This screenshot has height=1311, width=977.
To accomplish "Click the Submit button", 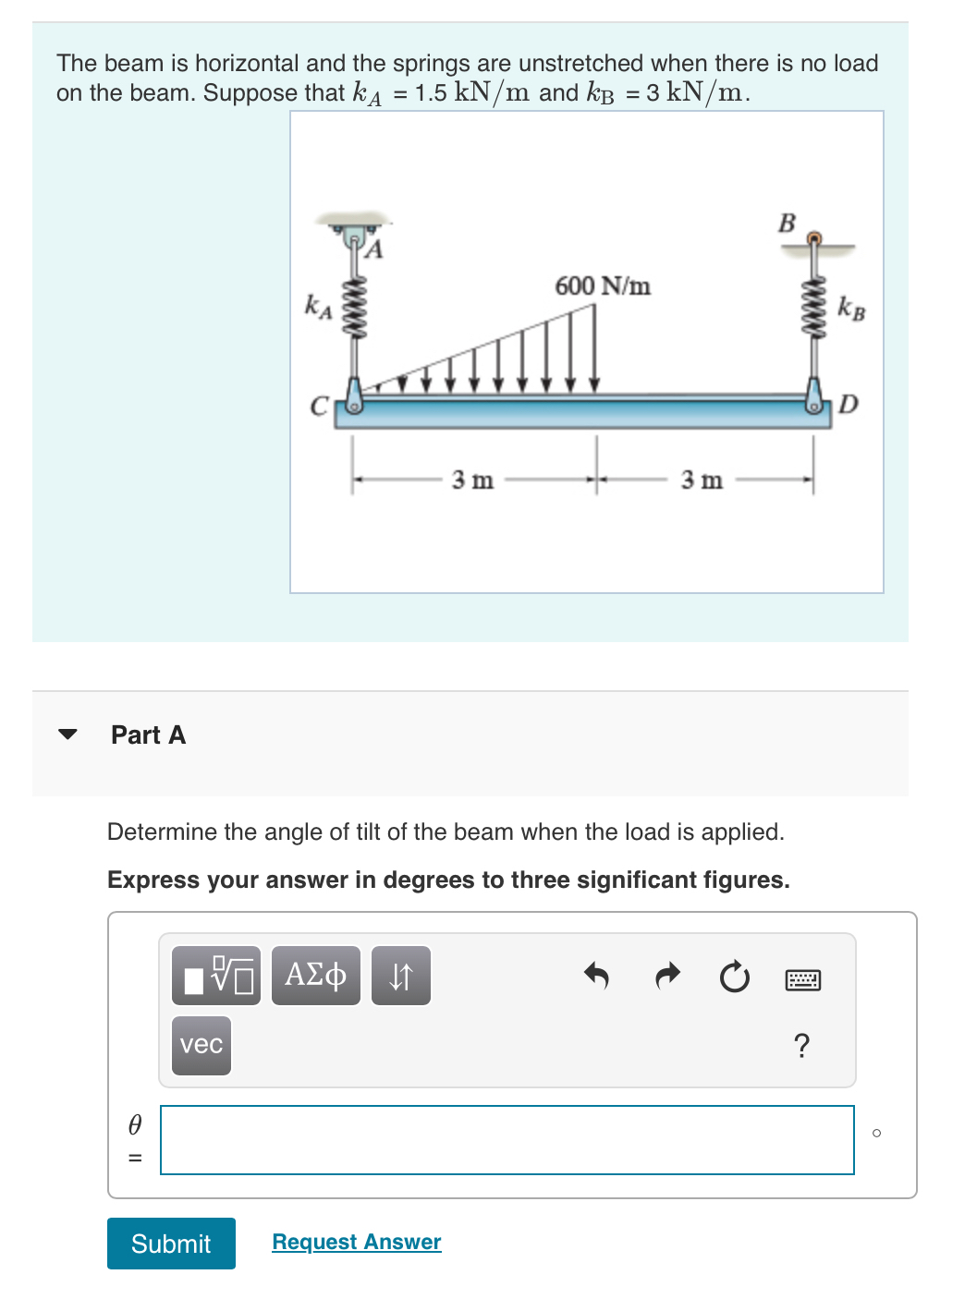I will (x=171, y=1244).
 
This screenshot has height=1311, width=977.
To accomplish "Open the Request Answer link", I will (x=356, y=1242).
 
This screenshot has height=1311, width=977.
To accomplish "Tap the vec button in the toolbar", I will (x=202, y=1045).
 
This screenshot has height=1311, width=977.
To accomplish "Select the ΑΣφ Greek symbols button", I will (x=315, y=976).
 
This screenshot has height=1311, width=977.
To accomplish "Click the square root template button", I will (x=216, y=976).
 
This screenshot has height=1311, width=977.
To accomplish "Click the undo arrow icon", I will (x=596, y=976).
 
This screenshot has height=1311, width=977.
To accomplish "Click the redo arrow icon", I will (x=666, y=976).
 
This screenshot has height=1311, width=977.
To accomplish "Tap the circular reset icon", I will (x=735, y=977).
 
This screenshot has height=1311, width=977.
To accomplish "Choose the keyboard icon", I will (x=802, y=979).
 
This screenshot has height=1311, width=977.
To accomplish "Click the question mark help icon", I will (x=801, y=1046).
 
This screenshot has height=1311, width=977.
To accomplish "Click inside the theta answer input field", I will (x=507, y=1140).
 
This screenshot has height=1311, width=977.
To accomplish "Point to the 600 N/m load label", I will (x=602, y=286).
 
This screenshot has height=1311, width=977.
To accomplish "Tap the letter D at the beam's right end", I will (x=849, y=405).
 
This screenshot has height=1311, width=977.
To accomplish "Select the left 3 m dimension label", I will (x=472, y=480).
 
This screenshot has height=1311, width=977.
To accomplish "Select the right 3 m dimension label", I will (x=702, y=480).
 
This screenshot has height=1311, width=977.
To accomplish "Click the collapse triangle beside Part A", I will (x=67, y=734).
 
